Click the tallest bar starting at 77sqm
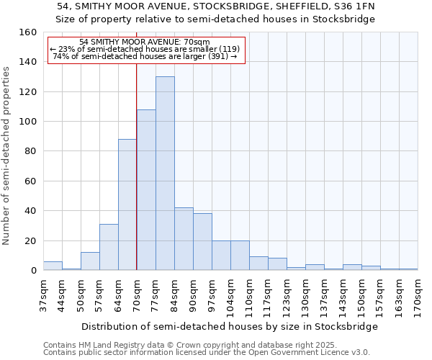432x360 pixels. [165, 174]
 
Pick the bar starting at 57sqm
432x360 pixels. [109, 247]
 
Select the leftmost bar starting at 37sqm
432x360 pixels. [53, 266]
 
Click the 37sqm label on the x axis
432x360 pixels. [43, 294]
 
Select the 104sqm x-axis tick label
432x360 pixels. [230, 294]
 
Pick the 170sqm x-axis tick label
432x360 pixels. [418, 294]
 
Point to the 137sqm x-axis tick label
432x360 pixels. [324, 294]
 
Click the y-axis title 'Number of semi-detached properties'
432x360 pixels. [6, 153]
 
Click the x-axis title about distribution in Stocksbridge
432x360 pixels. [230, 326]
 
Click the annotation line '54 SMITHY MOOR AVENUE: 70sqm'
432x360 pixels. [145, 42]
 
